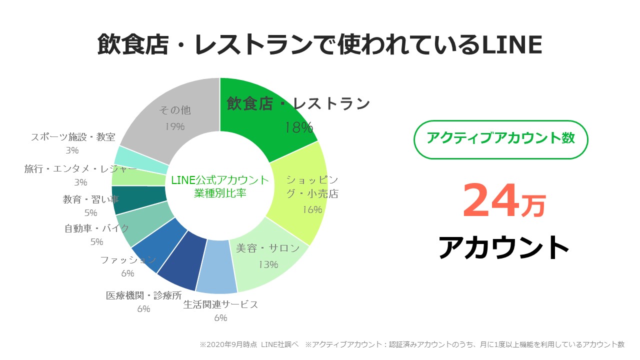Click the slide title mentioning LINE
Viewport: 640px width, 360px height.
[319, 45]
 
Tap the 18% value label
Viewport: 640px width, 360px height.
[299, 127]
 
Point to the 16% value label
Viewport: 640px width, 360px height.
[311, 209]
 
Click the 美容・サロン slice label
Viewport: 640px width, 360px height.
[268, 248]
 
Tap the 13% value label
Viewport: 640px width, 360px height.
[268, 264]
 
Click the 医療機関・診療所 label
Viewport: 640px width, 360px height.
[143, 295]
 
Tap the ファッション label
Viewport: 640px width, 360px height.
[128, 260]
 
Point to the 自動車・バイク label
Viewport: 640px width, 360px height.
[97, 228]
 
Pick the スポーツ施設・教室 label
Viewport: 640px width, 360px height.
[73, 137]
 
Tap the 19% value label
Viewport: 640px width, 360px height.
[175, 126]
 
